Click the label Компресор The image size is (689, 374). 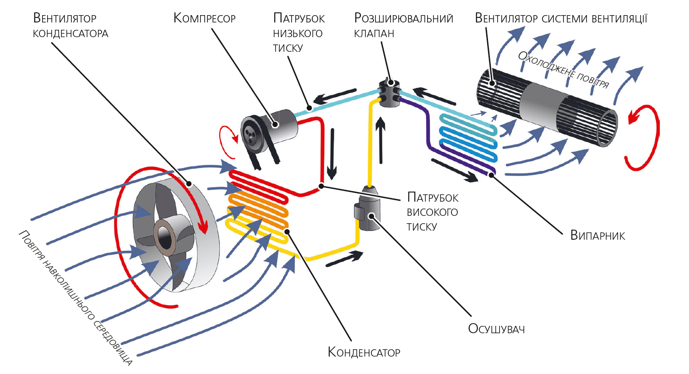[x=204, y=18]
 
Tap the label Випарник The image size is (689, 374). [x=597, y=236]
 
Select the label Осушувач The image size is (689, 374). [x=496, y=329]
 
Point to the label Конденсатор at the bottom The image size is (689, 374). [x=364, y=352]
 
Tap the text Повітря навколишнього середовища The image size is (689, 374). [x=76, y=298]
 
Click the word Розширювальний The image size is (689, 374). [x=403, y=18]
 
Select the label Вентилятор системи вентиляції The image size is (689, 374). [x=561, y=18]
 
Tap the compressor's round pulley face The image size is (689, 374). [x=251, y=133]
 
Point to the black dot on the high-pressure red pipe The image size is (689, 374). [x=321, y=186]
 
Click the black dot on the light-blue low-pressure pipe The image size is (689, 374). [x=309, y=109]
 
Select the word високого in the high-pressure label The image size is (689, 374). [x=432, y=212]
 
